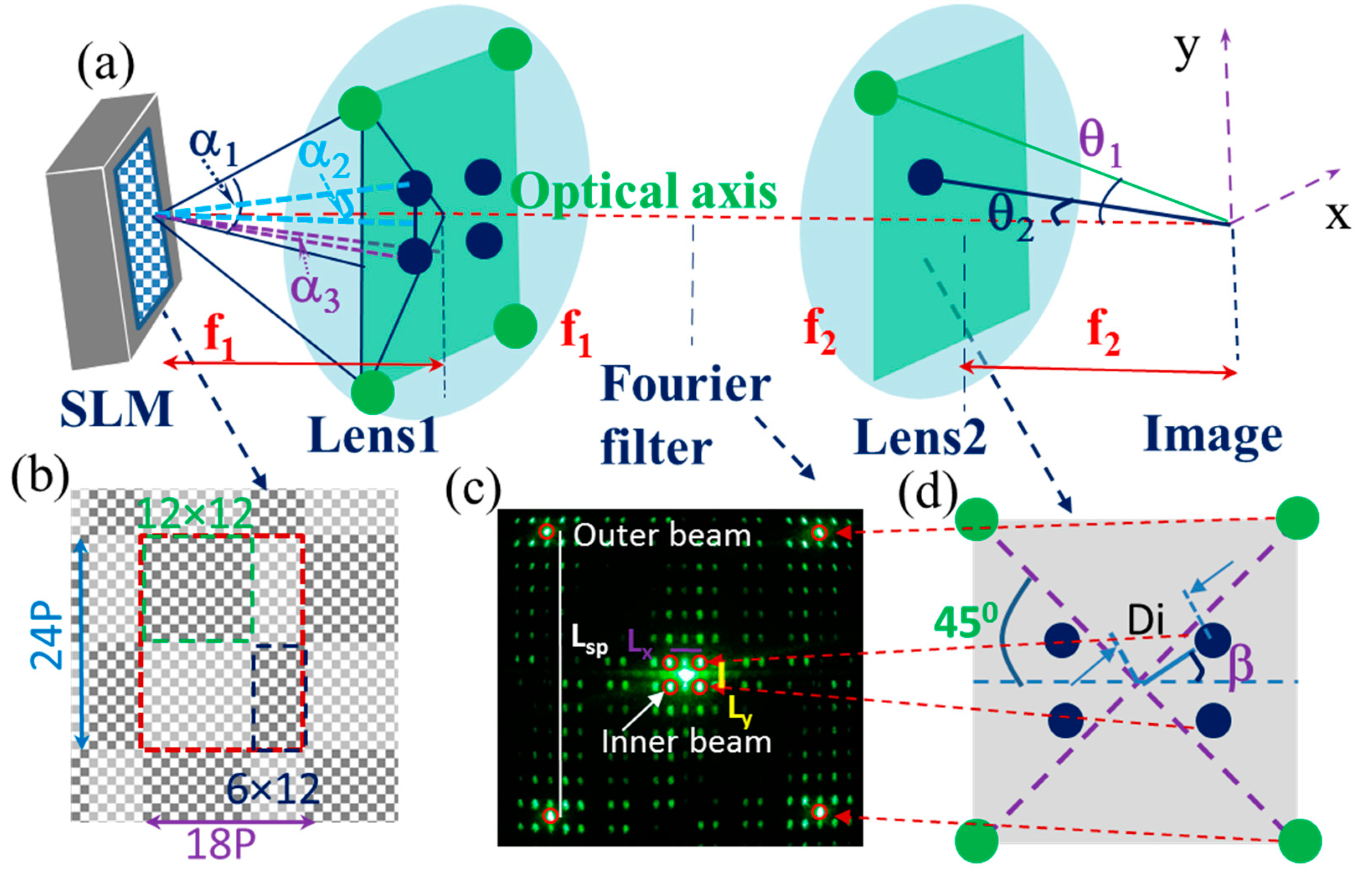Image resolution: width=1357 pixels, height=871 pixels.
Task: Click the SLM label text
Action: (116, 409)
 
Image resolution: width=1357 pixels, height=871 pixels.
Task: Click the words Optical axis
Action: (644, 191)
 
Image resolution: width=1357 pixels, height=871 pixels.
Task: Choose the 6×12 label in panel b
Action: (273, 789)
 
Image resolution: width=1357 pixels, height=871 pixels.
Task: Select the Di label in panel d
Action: (1146, 621)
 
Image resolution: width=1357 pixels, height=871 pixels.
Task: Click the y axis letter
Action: (1186, 51)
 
